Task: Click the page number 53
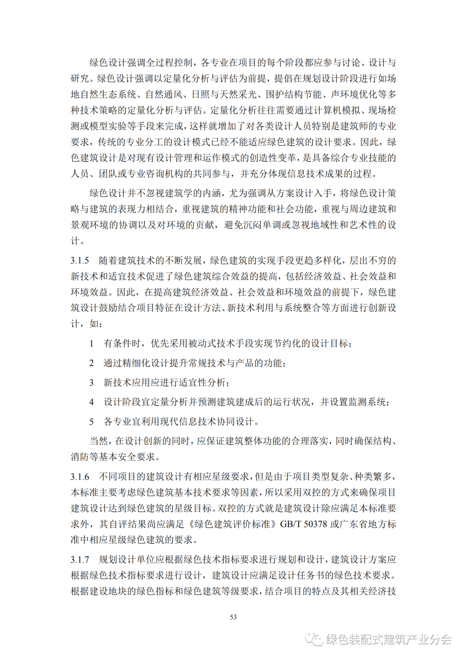(233, 617)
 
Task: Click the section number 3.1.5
(80, 260)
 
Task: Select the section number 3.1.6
(80, 476)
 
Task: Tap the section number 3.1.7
(80, 559)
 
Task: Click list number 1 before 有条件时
(91, 343)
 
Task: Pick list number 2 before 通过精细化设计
(91, 363)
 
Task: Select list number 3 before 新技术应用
(91, 382)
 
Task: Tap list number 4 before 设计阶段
(91, 402)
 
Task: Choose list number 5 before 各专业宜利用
(91, 422)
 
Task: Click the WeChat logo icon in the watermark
(314, 639)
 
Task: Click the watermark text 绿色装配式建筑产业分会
(388, 639)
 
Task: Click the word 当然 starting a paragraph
(99, 441)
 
